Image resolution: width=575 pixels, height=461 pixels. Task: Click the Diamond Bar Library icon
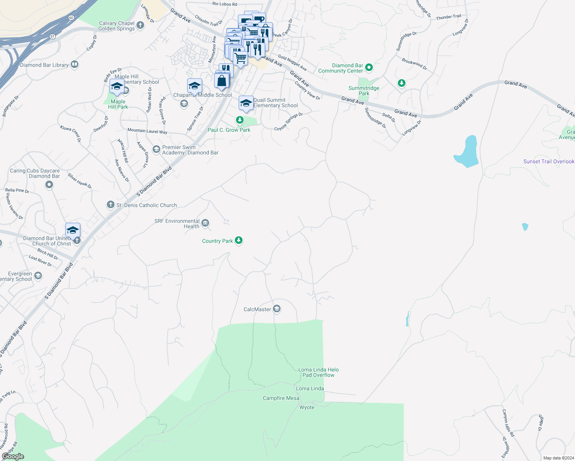click(75, 65)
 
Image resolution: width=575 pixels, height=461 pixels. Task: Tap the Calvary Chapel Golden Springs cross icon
click(140, 26)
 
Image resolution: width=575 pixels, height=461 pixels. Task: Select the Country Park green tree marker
click(239, 240)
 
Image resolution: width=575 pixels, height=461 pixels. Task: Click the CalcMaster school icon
click(277, 309)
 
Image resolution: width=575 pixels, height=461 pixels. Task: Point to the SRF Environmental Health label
click(177, 224)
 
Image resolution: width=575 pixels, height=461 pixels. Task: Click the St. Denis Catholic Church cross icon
click(111, 205)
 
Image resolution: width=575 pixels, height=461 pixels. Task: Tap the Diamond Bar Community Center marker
click(369, 68)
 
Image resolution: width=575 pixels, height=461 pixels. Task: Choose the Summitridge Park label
click(364, 91)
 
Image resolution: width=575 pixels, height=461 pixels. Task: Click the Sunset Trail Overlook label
click(548, 161)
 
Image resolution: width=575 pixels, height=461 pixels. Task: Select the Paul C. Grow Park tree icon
click(240, 120)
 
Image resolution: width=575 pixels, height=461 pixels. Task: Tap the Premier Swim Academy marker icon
click(156, 149)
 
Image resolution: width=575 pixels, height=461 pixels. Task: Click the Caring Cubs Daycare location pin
click(49, 185)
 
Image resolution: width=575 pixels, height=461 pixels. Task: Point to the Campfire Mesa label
click(281, 398)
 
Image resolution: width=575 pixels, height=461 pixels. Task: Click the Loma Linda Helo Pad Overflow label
click(318, 372)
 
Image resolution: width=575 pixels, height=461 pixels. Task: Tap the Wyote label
click(307, 407)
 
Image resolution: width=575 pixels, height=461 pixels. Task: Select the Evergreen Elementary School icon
click(38, 275)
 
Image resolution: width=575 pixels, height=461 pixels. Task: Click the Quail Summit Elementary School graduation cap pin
click(246, 103)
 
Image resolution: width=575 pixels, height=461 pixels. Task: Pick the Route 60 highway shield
click(71, 18)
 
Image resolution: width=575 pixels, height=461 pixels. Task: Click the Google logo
click(13, 456)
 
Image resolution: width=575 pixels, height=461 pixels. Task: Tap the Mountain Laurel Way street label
click(147, 131)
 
